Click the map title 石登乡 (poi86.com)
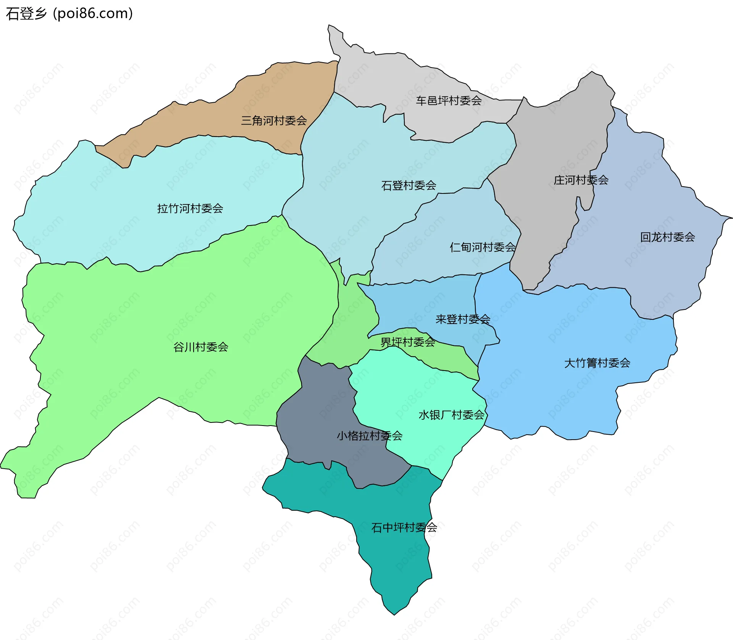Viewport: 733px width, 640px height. (69, 14)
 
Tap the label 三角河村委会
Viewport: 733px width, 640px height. (274, 121)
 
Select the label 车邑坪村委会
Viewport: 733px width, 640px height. (449, 101)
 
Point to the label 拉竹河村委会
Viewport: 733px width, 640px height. (190, 208)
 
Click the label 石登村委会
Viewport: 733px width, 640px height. (408, 185)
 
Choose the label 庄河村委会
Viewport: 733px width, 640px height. (581, 180)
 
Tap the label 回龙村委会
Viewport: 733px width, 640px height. (667, 237)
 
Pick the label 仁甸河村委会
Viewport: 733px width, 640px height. (483, 247)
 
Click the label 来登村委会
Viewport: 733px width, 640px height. (463, 319)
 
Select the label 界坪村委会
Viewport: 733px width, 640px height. (408, 342)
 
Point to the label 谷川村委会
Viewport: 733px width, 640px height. (201, 347)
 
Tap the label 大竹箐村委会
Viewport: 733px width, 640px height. (597, 363)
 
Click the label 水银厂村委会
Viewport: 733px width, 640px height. (451, 415)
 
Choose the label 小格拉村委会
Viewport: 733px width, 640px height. (369, 436)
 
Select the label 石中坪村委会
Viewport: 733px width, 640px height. (404, 527)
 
